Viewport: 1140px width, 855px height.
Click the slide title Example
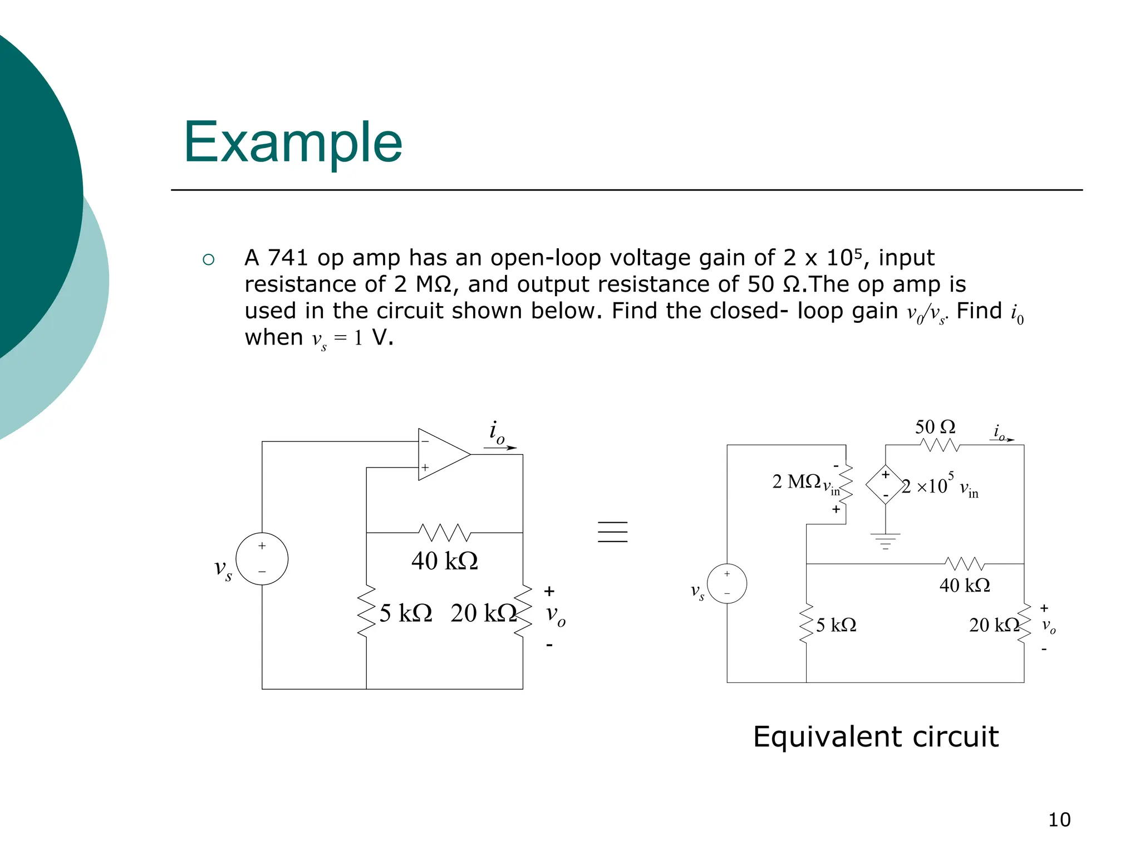pos(293,142)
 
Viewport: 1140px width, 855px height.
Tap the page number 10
pos(1059,819)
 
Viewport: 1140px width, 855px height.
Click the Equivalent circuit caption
pos(876,736)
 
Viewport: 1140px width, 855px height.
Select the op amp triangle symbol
pos(441,454)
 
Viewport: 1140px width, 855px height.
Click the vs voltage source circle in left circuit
pos(262,559)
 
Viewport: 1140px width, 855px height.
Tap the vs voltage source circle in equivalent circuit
pos(726,583)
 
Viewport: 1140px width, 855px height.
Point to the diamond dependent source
pos(885,484)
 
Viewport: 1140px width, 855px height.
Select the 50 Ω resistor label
pos(935,427)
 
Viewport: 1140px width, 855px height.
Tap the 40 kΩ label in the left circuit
pos(444,561)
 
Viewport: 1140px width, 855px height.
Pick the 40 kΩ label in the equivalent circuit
pos(965,585)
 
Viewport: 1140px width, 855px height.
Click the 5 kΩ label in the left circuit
pos(406,613)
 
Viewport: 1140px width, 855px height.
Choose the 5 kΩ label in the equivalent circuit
pos(836,625)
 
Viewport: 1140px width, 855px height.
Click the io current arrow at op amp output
pos(500,447)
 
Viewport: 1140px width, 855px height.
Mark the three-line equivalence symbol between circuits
pos(612,532)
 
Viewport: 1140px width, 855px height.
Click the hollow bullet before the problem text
pos(209,259)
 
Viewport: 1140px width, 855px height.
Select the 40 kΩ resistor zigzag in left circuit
pos(444,533)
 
